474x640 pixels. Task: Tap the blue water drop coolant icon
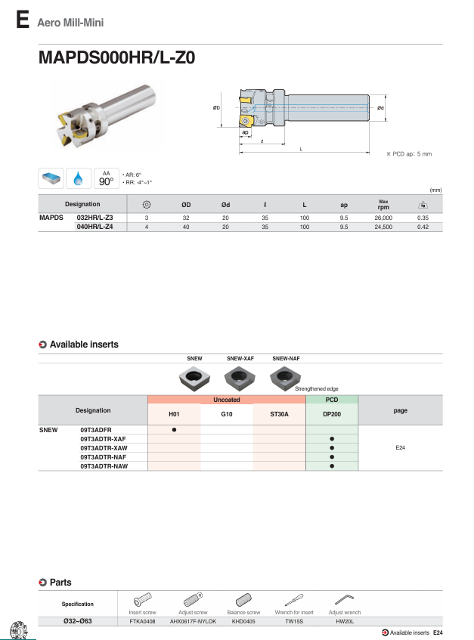(79, 178)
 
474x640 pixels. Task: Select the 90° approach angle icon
(106, 178)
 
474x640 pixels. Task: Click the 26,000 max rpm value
(383, 217)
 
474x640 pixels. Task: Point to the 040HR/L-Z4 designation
(95, 226)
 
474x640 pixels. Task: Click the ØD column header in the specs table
(186, 205)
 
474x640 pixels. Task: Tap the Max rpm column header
(383, 205)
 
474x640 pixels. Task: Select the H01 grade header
(174, 414)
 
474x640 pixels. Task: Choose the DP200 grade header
(332, 414)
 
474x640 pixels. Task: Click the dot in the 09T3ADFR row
(174, 430)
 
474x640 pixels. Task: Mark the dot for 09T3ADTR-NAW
(332, 466)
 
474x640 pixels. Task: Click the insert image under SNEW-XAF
(240, 375)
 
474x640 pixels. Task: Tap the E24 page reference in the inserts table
(401, 448)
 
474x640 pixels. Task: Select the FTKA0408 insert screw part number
(142, 620)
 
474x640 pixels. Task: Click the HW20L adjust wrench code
(345, 620)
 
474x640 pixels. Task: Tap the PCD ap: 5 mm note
(409, 153)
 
